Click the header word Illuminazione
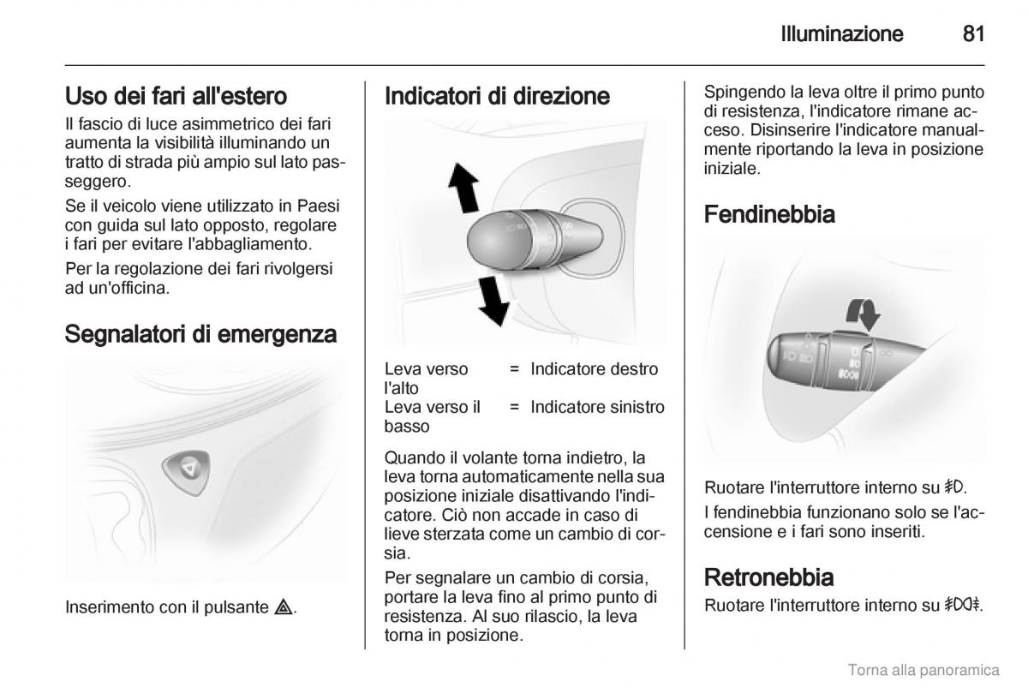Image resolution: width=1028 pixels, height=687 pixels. pyautogui.click(x=842, y=34)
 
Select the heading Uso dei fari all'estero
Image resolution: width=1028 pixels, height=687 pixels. pyautogui.click(x=176, y=95)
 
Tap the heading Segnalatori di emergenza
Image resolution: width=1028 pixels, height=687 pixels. pyautogui.click(x=200, y=333)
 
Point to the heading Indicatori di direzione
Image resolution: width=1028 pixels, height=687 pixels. pyautogui.click(x=497, y=96)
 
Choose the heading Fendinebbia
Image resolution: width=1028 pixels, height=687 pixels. pyautogui.click(x=769, y=214)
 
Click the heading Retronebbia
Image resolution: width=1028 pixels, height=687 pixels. pyautogui.click(x=768, y=576)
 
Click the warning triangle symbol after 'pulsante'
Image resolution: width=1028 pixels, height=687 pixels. pyautogui.click(x=285, y=608)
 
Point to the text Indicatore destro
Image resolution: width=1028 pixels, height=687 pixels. pyautogui.click(x=595, y=369)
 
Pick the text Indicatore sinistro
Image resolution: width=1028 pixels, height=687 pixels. pyautogui.click(x=597, y=407)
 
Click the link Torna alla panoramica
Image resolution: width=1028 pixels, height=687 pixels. pyautogui.click(x=923, y=669)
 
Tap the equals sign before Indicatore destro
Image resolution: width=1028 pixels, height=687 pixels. pyautogui.click(x=514, y=369)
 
